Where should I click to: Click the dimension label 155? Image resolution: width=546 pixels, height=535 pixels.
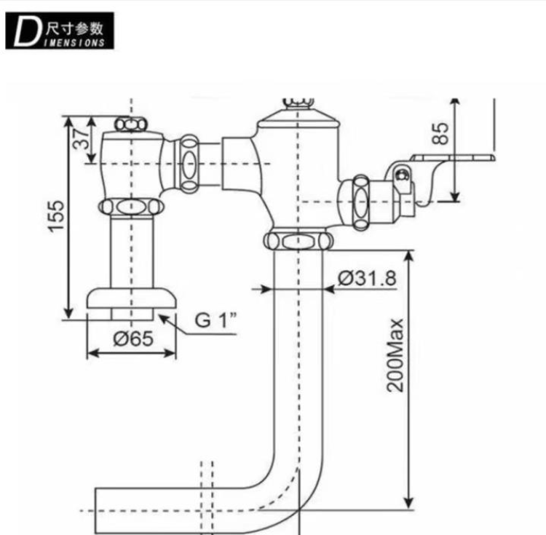(56, 215)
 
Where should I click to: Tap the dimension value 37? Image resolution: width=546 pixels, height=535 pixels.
(82, 138)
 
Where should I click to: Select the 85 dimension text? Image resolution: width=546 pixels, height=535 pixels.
(440, 133)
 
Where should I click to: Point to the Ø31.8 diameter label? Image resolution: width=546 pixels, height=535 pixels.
(367, 279)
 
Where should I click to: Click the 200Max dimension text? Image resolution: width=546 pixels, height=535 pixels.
(395, 355)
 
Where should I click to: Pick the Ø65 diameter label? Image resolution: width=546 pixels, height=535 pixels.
(133, 338)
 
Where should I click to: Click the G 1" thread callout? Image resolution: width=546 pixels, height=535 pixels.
(215, 320)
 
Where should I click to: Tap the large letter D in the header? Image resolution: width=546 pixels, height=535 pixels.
(25, 32)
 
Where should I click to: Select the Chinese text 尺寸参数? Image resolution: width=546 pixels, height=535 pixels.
(74, 27)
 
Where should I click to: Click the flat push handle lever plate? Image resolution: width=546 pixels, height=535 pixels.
(453, 158)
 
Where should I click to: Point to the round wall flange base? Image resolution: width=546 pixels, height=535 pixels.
(131, 298)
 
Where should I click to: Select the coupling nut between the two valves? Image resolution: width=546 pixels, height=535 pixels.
(189, 162)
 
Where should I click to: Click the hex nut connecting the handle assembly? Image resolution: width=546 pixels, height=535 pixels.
(360, 202)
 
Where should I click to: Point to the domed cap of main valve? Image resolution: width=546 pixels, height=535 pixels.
(298, 116)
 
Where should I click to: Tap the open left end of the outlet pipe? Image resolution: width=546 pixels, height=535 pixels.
(96, 511)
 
